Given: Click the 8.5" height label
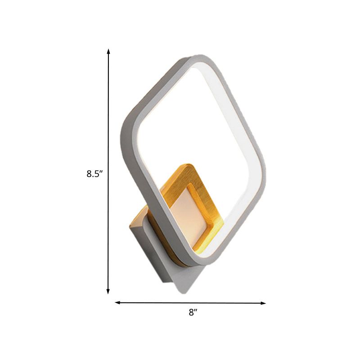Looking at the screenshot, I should [95, 174].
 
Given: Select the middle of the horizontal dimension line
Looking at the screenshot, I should [191, 303].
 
